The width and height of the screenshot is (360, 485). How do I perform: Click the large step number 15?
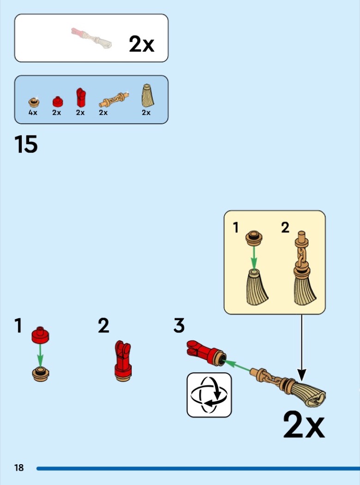coord(26,144)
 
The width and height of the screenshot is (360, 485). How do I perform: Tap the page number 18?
coord(19,468)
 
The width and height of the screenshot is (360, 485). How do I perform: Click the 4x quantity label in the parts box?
coord(33,113)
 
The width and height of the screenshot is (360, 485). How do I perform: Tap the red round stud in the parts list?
coord(57,101)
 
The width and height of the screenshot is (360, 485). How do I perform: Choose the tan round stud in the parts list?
coord(33,101)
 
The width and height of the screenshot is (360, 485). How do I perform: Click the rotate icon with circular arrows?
coord(209,395)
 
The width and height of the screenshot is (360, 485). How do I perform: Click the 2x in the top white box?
coord(141,44)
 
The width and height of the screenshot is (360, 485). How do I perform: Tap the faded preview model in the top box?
coord(92,38)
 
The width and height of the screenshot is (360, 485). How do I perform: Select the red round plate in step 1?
coord(40,335)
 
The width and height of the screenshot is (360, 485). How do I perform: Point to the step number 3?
coord(179,326)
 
